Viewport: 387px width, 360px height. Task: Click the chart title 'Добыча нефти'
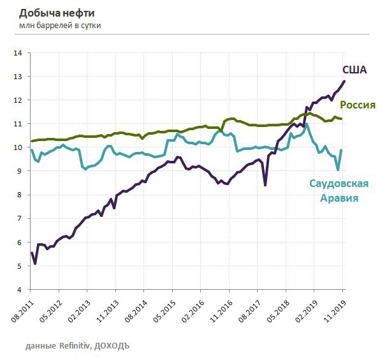[57, 12]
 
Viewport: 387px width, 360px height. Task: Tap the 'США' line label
[354, 70]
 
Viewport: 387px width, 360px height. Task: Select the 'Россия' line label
[357, 105]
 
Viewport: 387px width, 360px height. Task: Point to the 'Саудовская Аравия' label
[339, 191]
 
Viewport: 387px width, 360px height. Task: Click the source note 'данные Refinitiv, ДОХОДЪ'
[78, 345]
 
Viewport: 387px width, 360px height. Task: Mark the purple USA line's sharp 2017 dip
[265, 185]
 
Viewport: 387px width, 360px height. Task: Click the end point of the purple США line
[345, 80]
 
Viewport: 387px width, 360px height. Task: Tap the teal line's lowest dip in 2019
[338, 169]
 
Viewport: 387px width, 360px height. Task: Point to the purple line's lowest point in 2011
[35, 263]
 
